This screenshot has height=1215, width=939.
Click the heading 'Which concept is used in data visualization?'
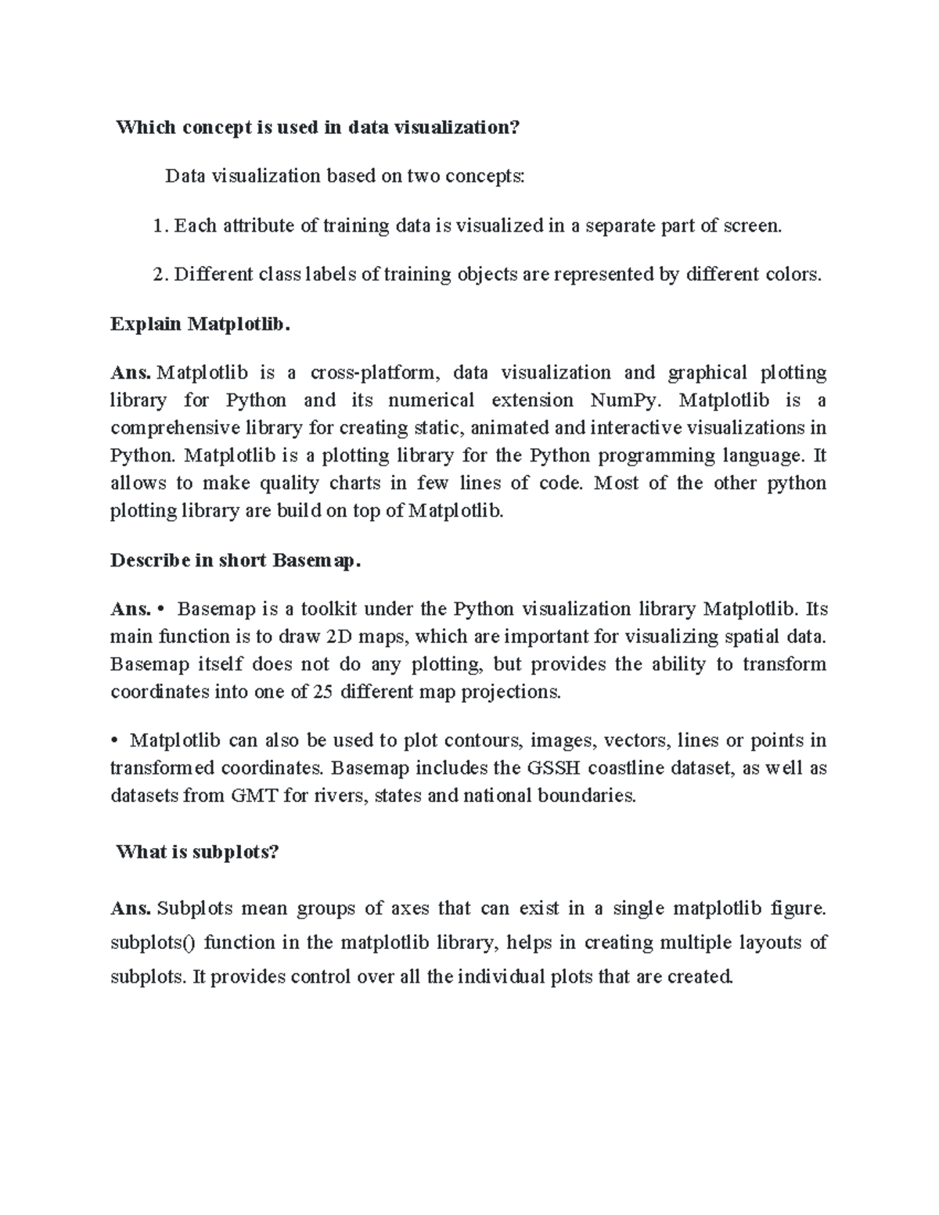point(317,128)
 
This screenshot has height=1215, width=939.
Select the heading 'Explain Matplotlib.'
point(200,324)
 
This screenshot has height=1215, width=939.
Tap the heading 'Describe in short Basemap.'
point(236,561)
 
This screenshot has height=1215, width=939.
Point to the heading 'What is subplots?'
point(196,852)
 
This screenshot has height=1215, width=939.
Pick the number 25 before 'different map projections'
point(322,692)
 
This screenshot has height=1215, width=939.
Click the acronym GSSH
point(553,767)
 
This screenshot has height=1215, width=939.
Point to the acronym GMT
point(250,796)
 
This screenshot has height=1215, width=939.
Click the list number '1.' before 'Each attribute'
point(160,226)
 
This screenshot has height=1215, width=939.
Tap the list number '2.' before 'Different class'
point(160,275)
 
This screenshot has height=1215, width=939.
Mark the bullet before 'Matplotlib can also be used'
point(114,740)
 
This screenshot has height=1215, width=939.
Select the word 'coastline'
point(629,767)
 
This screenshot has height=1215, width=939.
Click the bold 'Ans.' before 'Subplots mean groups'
point(131,908)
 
